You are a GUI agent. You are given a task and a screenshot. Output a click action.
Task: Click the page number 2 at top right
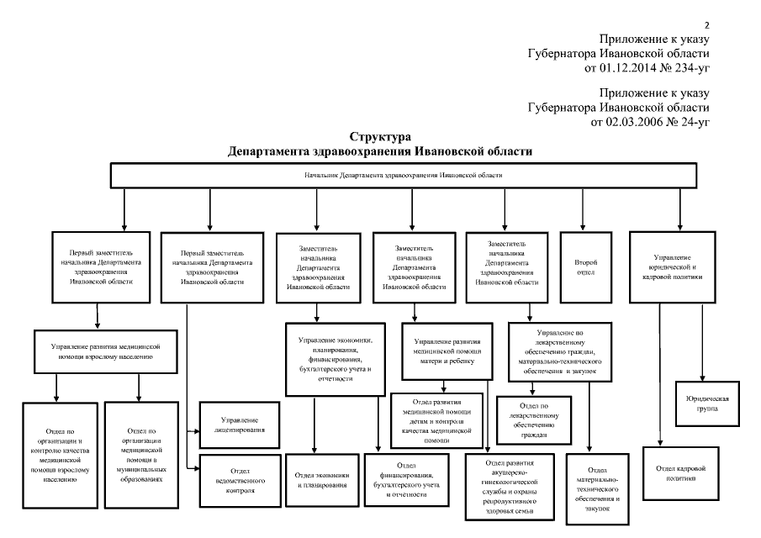tap(708, 25)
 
